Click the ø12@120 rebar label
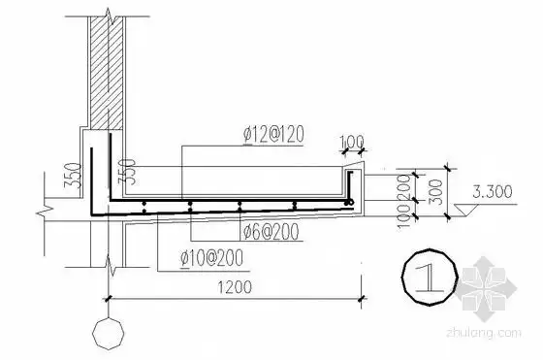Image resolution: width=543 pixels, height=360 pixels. point(273,135)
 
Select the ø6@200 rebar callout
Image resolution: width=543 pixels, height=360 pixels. point(271,232)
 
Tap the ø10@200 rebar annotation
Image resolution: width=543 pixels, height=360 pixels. point(211,258)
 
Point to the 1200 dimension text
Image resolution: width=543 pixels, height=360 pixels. point(235,287)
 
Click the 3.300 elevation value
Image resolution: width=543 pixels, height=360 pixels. point(493,191)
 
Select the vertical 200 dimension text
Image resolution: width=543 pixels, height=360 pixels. point(404,187)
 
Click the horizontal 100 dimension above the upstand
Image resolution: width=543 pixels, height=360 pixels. point(352,142)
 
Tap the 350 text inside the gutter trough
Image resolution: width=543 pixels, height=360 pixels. point(127,172)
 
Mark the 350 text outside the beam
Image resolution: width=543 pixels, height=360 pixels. point(73,176)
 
